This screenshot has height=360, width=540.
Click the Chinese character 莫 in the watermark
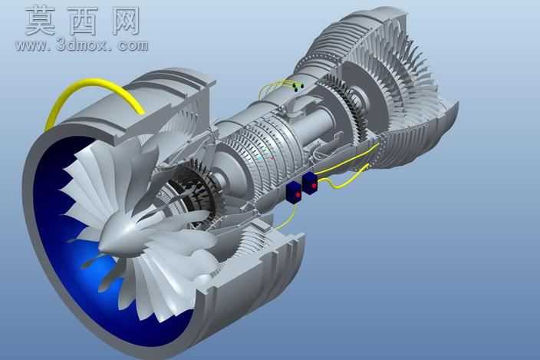click(x=41, y=21)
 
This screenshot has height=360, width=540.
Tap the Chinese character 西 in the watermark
click(x=84, y=21)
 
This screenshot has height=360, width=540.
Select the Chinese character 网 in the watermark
click(x=126, y=21)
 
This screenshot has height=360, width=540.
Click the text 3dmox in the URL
click(x=83, y=45)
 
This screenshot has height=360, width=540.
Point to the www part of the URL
click(x=31, y=46)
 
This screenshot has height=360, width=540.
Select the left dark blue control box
click(x=294, y=192)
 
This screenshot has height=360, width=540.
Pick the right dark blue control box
click(x=310, y=183)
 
